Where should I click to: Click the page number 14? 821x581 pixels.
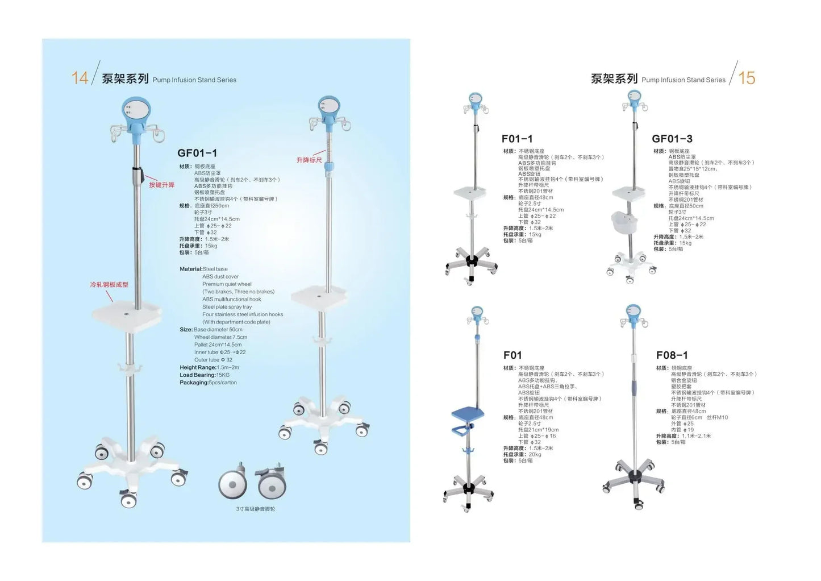coord(80,78)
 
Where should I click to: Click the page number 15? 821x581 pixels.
coord(747,78)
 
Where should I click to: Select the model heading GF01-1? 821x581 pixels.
coord(197,153)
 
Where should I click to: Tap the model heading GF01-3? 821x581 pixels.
coord(672,139)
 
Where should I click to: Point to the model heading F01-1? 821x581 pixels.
coord(517,139)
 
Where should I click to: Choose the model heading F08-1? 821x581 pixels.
coord(672,355)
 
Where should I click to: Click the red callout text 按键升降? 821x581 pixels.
coord(161,185)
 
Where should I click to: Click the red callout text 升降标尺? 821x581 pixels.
coord(309,160)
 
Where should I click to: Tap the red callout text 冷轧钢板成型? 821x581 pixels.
coord(109,284)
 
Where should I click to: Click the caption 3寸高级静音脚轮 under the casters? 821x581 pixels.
coord(255,509)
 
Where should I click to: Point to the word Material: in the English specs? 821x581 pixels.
coord(191,269)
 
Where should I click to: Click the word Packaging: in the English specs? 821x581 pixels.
coord(194,383)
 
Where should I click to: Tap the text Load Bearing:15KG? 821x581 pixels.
coord(205,375)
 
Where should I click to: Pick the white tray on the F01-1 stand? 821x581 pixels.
coord(471,193)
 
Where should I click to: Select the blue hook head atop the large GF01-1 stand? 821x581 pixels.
coord(136,117)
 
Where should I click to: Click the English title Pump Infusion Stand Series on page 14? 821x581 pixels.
coord(194,80)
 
